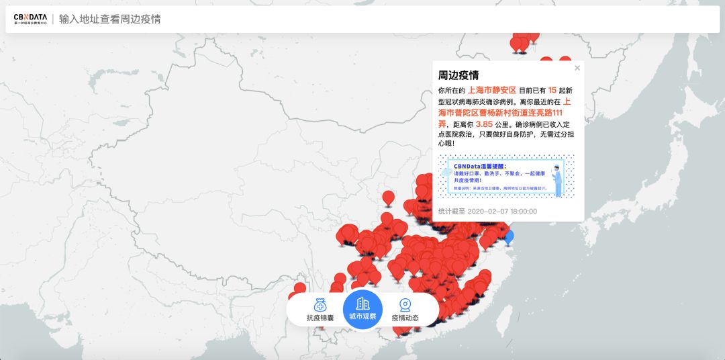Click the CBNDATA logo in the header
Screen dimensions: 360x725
tap(30, 19)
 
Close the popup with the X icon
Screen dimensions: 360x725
tap(577, 68)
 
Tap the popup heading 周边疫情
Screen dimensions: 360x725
tap(458, 75)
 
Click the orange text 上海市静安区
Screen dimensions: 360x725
tap(491, 90)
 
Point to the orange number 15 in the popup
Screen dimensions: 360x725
tap(552, 90)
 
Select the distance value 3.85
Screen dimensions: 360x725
tap(484, 124)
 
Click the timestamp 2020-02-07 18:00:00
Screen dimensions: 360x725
tap(502, 211)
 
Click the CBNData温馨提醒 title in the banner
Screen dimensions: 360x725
tap(480, 165)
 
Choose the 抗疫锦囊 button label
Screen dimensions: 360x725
tap(320, 318)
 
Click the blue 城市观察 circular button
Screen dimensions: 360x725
tap(362, 310)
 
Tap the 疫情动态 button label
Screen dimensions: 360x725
tap(405, 318)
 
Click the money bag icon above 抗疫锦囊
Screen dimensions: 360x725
tap(320, 304)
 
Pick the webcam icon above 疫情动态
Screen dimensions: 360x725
tap(405, 304)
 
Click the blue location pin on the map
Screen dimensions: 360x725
tap(508, 236)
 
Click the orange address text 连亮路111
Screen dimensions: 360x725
tap(546, 113)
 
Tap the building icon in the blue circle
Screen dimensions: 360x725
tap(362, 303)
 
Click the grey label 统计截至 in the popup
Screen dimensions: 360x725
tap(451, 211)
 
